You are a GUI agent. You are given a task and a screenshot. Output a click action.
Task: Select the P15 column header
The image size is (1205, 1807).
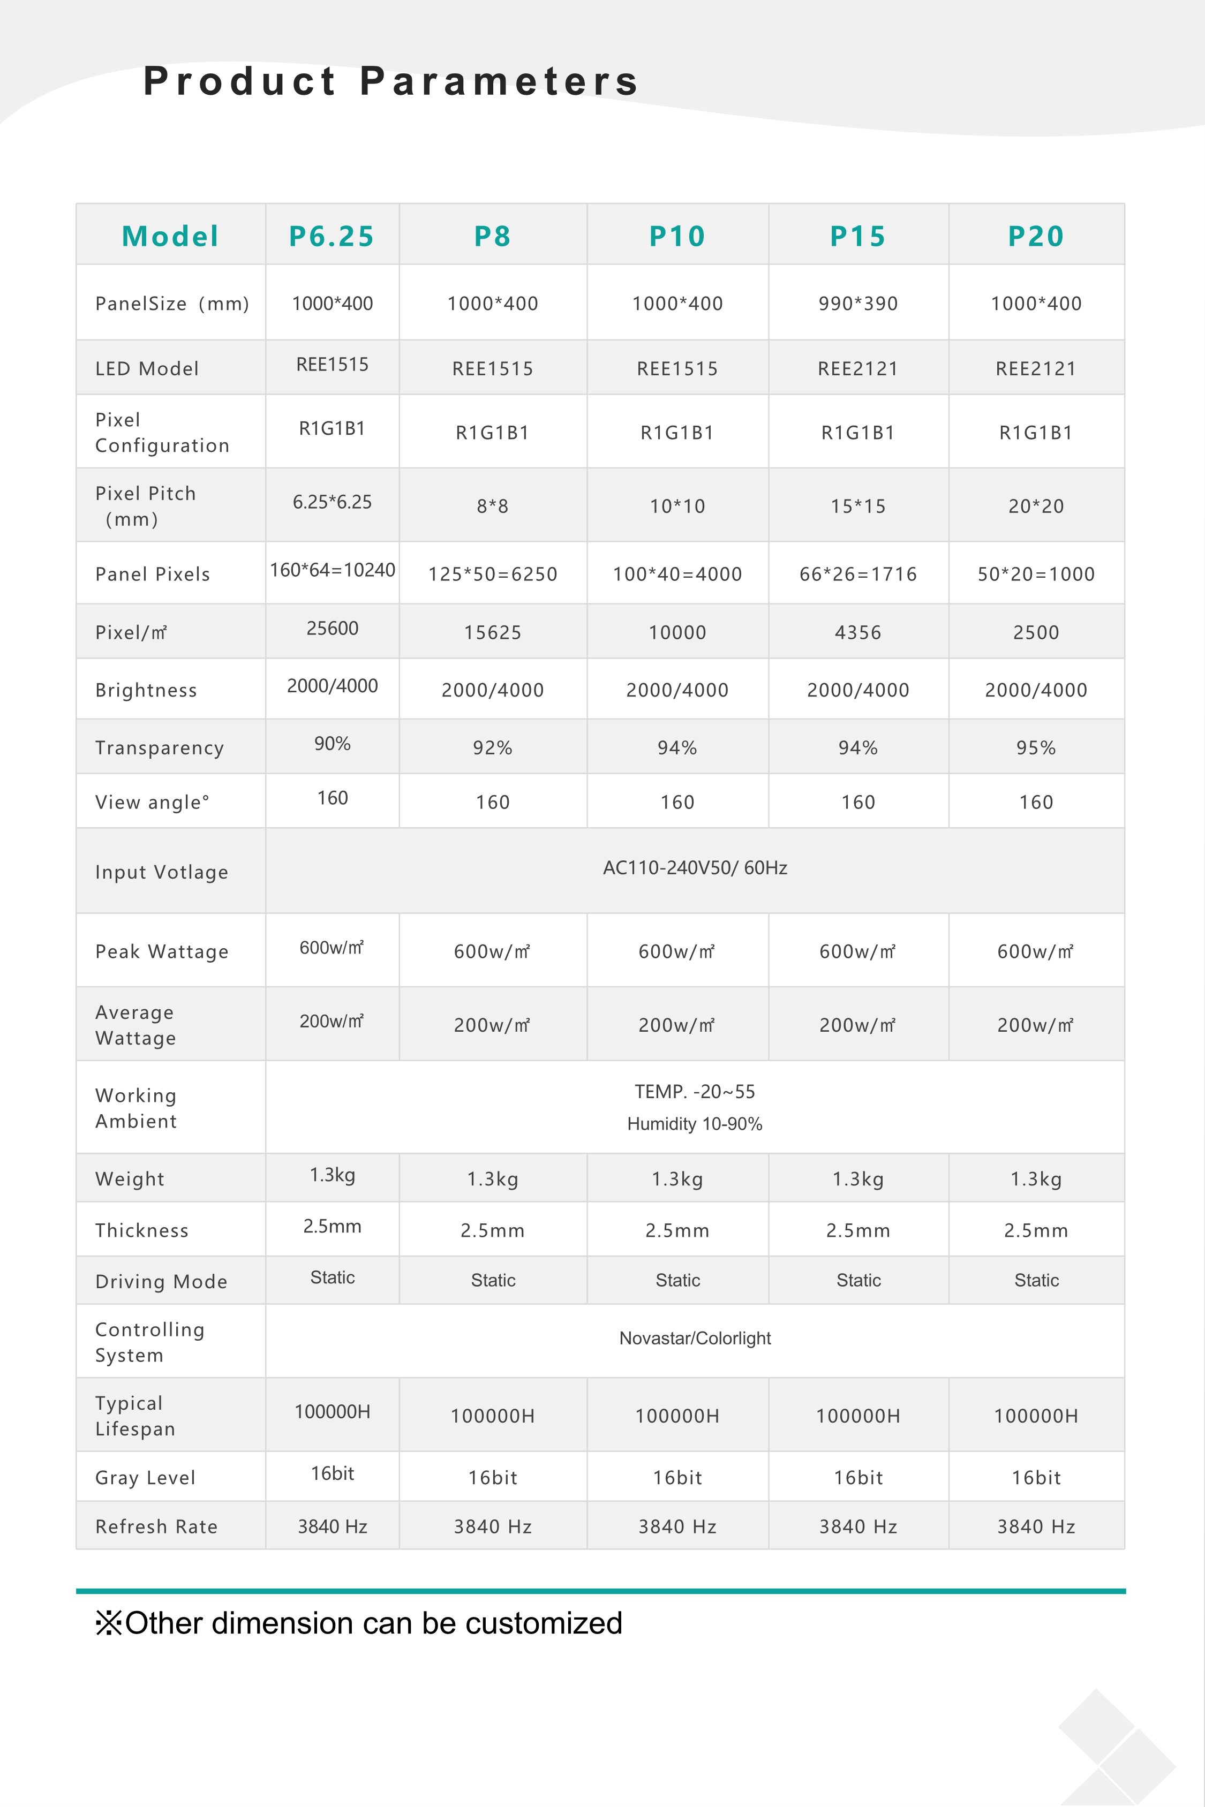click(x=857, y=236)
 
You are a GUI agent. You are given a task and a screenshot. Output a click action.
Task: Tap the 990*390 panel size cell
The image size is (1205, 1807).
click(x=857, y=304)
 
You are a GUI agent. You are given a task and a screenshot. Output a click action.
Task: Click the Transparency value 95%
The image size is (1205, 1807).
click(x=1036, y=747)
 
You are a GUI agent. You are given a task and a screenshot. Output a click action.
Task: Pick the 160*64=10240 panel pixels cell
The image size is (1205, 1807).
click(x=332, y=570)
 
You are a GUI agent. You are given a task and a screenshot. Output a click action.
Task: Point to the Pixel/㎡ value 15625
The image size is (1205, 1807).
click(x=493, y=632)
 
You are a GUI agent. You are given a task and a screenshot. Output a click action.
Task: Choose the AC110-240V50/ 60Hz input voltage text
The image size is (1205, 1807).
click(x=695, y=868)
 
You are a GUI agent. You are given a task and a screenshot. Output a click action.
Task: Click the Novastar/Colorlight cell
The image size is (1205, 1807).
click(x=695, y=1339)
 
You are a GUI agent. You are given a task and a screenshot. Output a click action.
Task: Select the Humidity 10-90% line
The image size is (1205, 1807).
click(x=695, y=1124)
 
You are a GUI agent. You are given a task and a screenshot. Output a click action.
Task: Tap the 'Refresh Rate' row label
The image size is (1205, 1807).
click(x=156, y=1526)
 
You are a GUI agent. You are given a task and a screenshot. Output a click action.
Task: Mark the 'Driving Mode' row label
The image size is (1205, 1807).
click(x=161, y=1281)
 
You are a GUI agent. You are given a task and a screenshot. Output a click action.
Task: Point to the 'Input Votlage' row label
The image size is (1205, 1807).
click(x=161, y=872)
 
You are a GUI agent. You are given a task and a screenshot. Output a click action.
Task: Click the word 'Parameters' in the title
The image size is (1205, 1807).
click(x=500, y=81)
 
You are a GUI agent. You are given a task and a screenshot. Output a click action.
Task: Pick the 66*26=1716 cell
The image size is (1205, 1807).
click(x=857, y=574)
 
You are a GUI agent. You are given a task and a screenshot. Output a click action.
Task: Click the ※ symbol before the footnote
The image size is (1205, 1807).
click(x=108, y=1623)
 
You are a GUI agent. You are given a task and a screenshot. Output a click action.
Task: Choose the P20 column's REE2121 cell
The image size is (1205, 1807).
click(x=1036, y=369)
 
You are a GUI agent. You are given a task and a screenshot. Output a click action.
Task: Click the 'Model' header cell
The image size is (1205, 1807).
click(x=171, y=236)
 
